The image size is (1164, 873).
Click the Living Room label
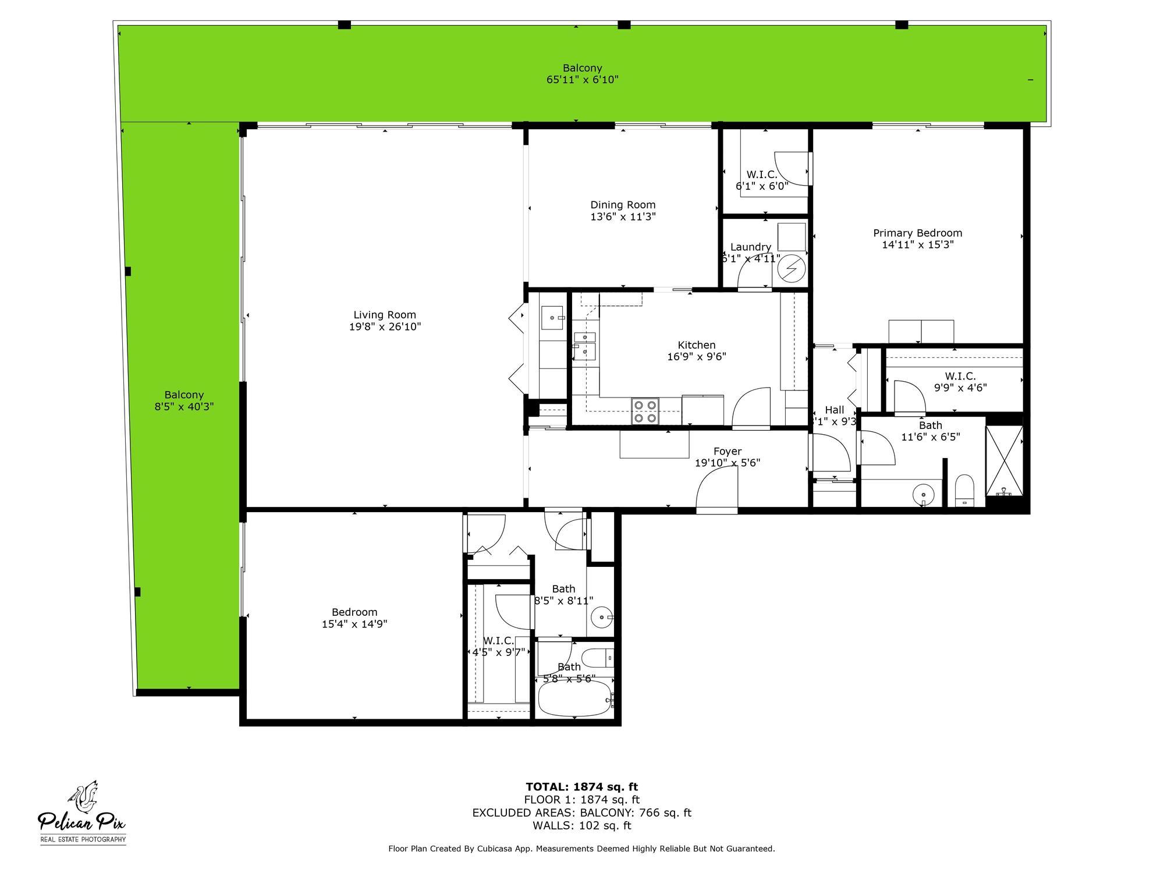tap(385, 315)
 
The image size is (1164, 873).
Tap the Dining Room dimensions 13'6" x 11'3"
tap(623, 217)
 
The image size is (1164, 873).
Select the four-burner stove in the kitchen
tap(645, 411)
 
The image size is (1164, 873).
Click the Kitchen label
tap(696, 345)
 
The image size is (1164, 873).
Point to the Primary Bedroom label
tap(917, 233)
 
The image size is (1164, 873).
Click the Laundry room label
tap(750, 247)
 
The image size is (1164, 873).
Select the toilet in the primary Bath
tap(964, 490)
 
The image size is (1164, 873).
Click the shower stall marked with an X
tap(1004, 460)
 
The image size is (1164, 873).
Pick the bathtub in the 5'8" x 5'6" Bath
tap(574, 698)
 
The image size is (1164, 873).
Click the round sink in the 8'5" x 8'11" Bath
tap(601, 616)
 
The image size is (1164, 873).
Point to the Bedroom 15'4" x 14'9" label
tap(354, 612)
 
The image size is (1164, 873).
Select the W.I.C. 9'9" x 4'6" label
tap(960, 377)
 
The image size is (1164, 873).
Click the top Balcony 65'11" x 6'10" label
tap(582, 68)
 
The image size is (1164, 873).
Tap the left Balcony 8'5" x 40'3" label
tap(184, 395)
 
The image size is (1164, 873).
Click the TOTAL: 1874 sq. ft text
tap(582, 787)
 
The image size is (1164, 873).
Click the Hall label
tap(834, 410)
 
